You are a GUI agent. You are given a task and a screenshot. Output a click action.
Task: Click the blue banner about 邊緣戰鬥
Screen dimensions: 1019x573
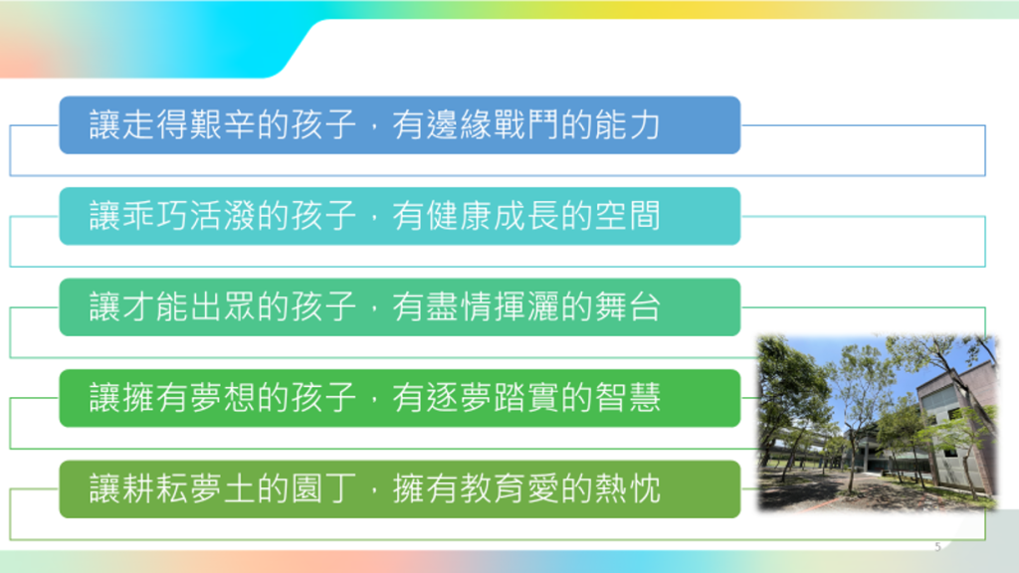(x=400, y=124)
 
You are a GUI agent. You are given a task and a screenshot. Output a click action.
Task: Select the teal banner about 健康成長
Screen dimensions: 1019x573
(x=400, y=216)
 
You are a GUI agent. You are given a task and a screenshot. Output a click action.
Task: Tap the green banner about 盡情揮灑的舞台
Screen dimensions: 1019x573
(x=400, y=306)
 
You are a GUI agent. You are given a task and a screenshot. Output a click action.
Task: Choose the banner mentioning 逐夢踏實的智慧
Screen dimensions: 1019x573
(x=400, y=398)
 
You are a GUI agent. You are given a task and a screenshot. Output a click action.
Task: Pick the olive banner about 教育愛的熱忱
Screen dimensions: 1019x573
(x=400, y=488)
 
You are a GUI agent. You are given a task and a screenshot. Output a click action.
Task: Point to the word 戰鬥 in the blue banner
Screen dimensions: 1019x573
(x=526, y=124)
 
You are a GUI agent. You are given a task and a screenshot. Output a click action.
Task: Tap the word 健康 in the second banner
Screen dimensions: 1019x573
(x=459, y=216)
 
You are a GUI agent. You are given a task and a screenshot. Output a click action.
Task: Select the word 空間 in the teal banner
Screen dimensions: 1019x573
(x=628, y=216)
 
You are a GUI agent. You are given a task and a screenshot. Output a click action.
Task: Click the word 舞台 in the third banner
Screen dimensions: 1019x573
(x=628, y=306)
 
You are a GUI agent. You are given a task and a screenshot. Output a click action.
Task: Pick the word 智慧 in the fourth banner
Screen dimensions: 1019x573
(x=628, y=398)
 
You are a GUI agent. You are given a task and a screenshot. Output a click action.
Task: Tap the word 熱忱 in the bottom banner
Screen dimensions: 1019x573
(x=628, y=488)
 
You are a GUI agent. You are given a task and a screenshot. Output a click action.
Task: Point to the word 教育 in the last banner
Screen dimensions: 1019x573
(x=493, y=488)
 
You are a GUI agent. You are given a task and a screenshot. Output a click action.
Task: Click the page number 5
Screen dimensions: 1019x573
(x=937, y=547)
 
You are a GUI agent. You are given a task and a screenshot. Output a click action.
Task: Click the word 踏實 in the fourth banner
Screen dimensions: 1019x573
(x=526, y=398)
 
